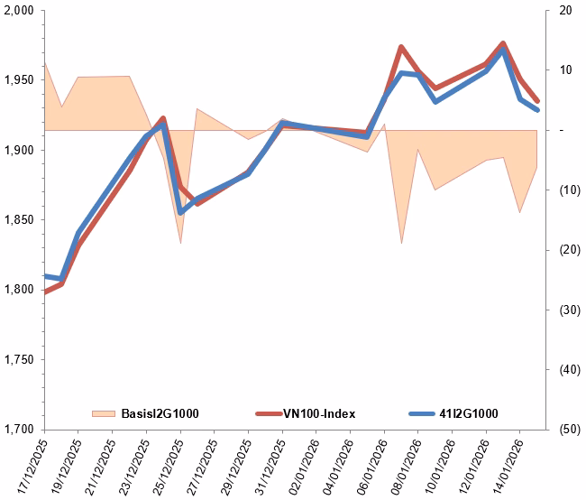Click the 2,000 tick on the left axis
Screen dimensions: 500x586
[18, 11]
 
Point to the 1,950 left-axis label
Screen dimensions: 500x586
[18, 80]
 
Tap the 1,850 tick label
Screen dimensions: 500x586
[18, 220]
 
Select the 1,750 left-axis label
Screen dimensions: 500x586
[18, 359]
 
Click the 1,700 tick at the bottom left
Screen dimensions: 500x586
[18, 430]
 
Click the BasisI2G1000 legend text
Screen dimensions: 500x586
[160, 413]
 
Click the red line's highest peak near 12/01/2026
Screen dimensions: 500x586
[503, 43]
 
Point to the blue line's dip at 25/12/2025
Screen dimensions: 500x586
[180, 212]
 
